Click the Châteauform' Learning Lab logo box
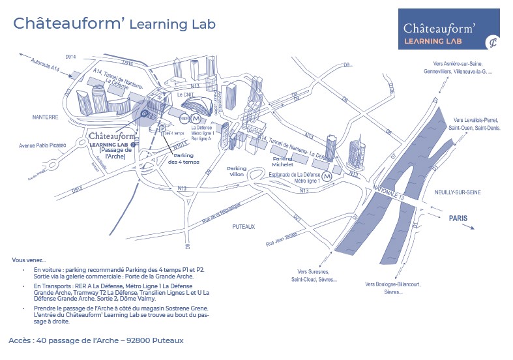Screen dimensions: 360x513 pos(448,29)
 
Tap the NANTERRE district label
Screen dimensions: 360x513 pos(45,117)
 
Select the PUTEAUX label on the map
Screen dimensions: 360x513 pos(243,226)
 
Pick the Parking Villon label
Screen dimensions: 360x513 pos(236,172)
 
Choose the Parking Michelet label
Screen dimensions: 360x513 pos(283,162)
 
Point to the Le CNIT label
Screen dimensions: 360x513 pos(187,95)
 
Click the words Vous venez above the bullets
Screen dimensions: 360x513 pos(29,260)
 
